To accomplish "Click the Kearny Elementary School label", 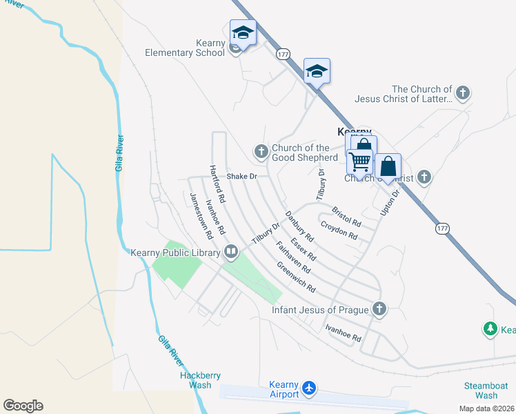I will coord(185,48).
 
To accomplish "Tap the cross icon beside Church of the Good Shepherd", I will coord(261,151).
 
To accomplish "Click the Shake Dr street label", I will coord(241,177).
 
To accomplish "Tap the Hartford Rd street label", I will coord(217,184).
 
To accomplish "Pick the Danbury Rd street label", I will coord(299,226).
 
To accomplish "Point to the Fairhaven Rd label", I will coord(292,257).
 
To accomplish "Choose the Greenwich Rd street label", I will coord(296,277).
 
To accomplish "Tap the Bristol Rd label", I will coord(346,217).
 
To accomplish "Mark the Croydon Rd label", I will coord(338,230).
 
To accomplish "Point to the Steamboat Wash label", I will coord(486,391).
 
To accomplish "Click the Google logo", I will coord(23,406).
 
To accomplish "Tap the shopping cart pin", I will coord(359,162).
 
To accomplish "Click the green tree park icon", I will coord(490,329).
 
